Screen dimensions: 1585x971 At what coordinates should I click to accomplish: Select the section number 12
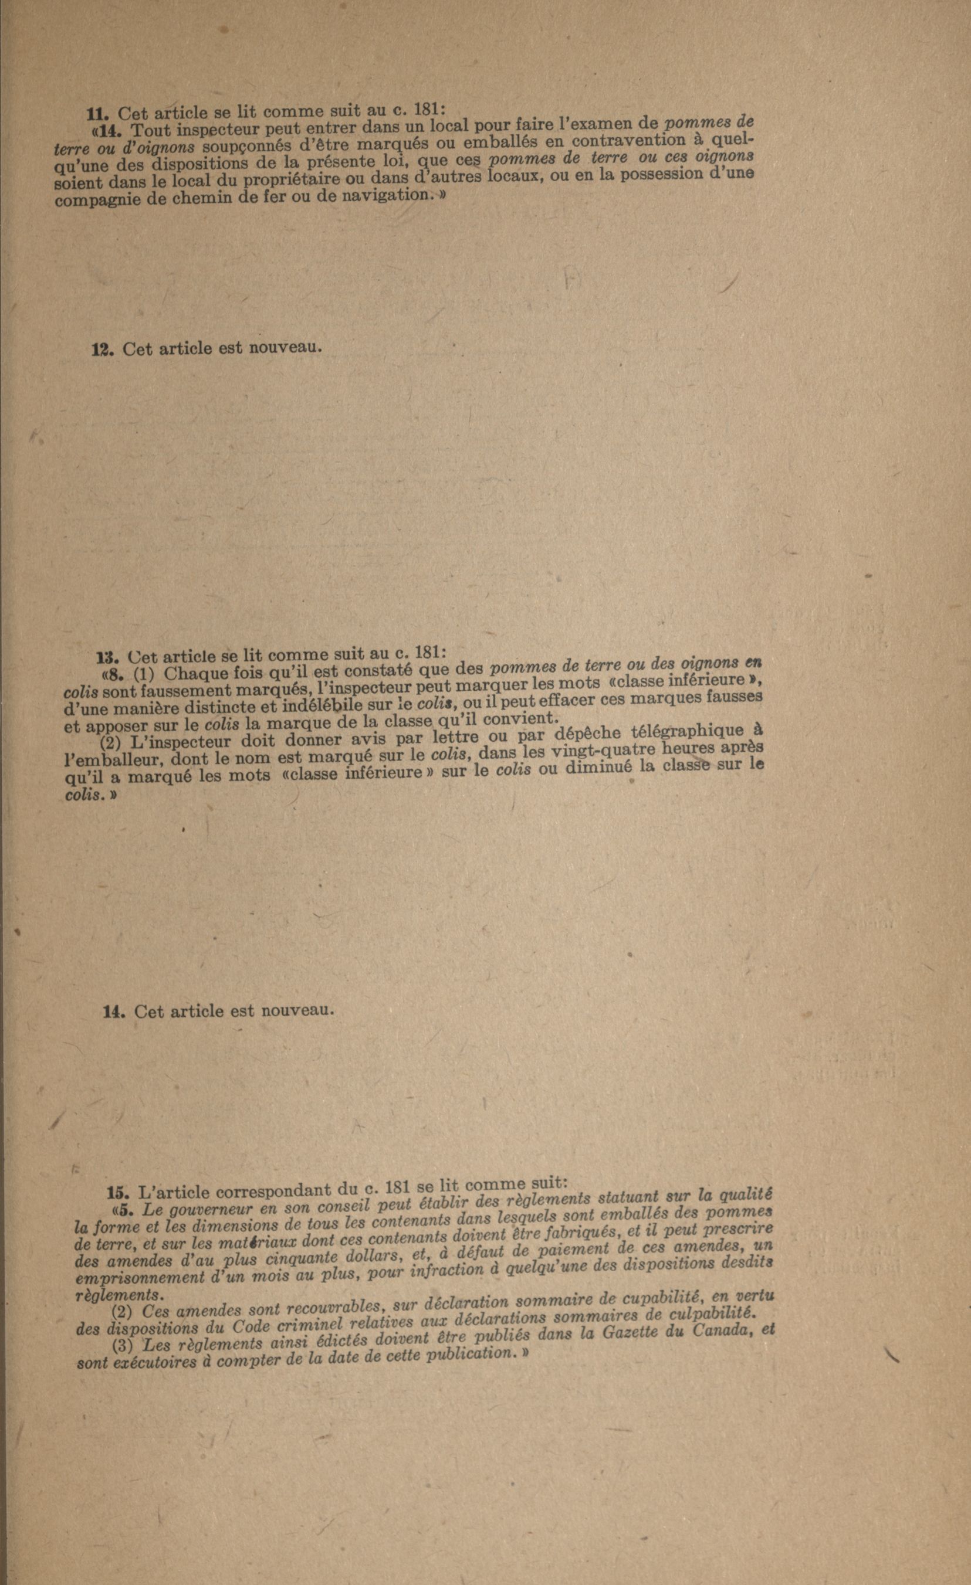coord(102,350)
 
